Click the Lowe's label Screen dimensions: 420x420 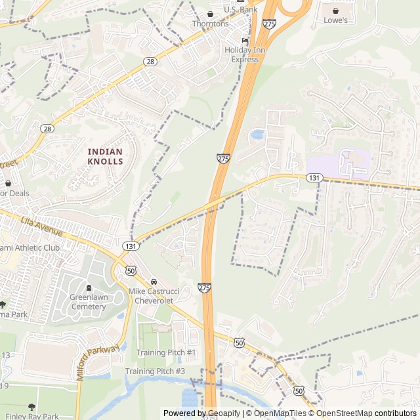(335, 20)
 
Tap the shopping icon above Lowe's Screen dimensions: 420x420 (335, 10)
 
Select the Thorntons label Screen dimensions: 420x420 (210, 24)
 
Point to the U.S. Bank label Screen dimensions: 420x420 (241, 10)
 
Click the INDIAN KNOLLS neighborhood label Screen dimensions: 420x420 (105, 156)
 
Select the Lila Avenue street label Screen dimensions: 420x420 (42, 226)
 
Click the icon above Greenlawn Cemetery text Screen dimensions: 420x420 (89, 287)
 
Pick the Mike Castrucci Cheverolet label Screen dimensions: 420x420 (154, 295)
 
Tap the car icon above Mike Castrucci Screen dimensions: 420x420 (154, 281)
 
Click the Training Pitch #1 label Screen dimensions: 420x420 (166, 352)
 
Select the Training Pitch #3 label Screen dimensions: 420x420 (156, 371)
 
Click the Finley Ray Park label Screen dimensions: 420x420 (30, 416)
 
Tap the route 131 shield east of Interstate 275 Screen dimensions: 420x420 (315, 178)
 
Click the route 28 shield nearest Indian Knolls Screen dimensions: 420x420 (47, 129)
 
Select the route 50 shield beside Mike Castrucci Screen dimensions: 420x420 (131, 270)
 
